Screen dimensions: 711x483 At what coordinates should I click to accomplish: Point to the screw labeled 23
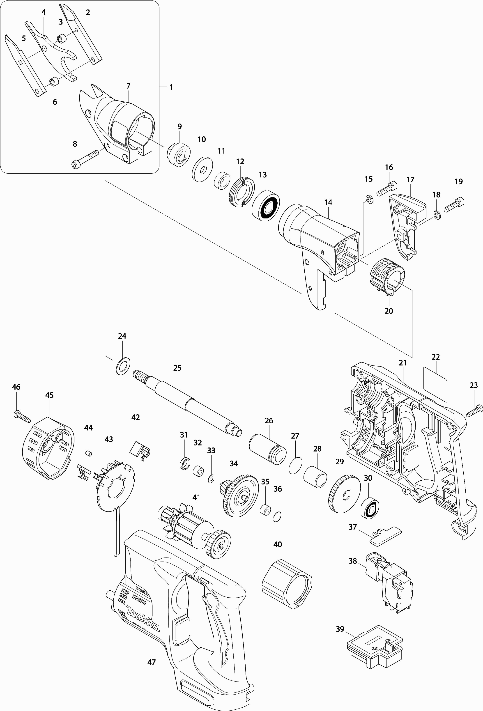(x=475, y=411)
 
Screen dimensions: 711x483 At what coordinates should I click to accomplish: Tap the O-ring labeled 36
(x=277, y=516)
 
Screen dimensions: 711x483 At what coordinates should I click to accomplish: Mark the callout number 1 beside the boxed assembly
(x=171, y=87)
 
